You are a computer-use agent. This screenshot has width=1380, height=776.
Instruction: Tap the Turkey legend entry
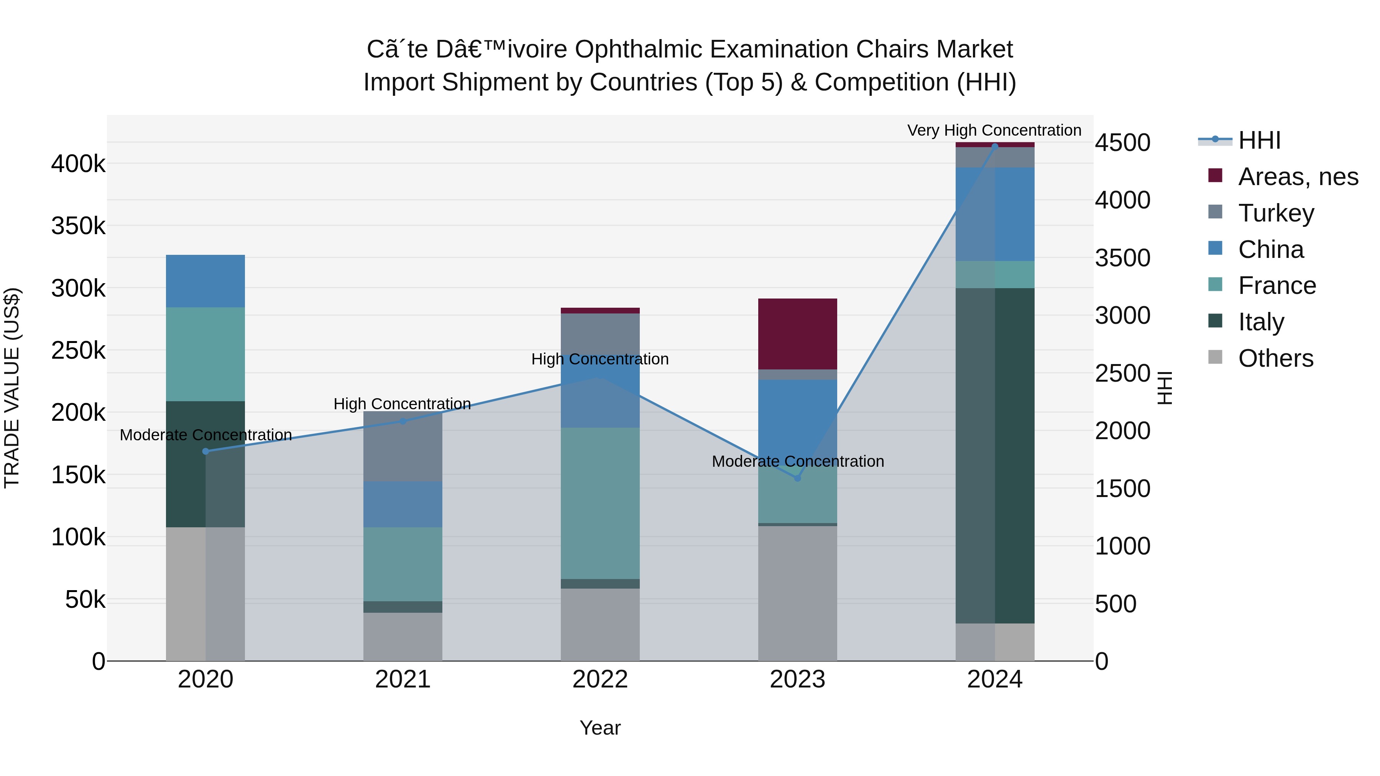tap(1275, 213)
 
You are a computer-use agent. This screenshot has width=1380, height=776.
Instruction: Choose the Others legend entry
tap(1275, 358)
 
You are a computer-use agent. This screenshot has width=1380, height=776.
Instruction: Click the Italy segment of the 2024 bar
tap(995, 455)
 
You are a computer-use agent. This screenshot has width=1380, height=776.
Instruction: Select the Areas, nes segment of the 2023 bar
tap(797, 334)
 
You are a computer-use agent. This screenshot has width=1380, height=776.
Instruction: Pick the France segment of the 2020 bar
tap(205, 354)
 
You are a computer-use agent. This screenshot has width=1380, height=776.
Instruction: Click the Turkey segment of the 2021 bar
tap(402, 446)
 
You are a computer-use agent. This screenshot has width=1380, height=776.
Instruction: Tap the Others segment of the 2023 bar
tap(797, 593)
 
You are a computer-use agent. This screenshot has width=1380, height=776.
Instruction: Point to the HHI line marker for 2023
tap(797, 478)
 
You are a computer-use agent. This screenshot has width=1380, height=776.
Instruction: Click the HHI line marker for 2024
tap(995, 146)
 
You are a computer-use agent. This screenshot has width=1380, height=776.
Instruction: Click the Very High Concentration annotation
tap(994, 130)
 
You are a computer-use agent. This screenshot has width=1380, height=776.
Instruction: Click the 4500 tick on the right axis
tap(1122, 143)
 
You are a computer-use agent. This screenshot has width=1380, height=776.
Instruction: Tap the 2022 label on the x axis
tap(600, 679)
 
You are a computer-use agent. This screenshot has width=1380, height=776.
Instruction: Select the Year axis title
tap(600, 728)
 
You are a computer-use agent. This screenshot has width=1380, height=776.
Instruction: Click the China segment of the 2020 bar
tap(205, 281)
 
